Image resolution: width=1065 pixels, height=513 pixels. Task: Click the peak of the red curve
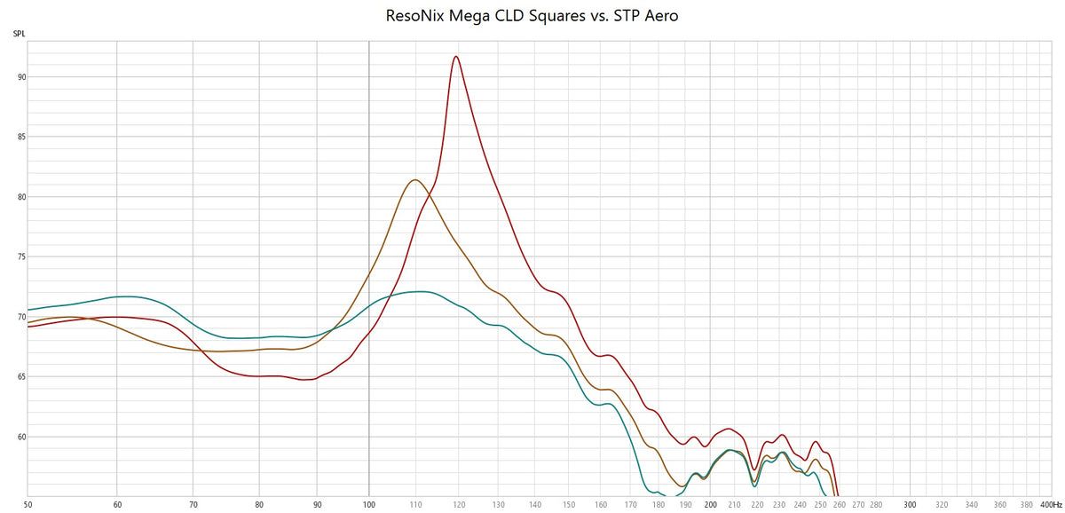(456, 57)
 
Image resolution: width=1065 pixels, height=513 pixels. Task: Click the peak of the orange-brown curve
(414, 180)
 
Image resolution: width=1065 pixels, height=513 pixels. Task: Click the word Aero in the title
(660, 16)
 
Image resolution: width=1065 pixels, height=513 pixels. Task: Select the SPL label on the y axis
(19, 34)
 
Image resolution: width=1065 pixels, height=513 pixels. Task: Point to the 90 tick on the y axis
(20, 77)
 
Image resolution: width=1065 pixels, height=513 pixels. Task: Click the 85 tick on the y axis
(20, 138)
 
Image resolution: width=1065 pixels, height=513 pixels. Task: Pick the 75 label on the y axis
(20, 257)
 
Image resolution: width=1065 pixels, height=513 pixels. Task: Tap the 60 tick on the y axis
(20, 437)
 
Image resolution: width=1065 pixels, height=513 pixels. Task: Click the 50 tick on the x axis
(28, 504)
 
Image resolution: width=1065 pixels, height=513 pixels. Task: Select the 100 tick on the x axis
(369, 504)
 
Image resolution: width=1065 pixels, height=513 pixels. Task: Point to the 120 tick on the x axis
(459, 504)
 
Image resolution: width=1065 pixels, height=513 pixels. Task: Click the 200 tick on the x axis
(710, 504)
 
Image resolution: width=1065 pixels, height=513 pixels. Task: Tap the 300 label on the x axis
(910, 504)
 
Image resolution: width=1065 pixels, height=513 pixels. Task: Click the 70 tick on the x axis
(193, 504)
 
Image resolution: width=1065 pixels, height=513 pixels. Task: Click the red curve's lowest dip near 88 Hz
(304, 380)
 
